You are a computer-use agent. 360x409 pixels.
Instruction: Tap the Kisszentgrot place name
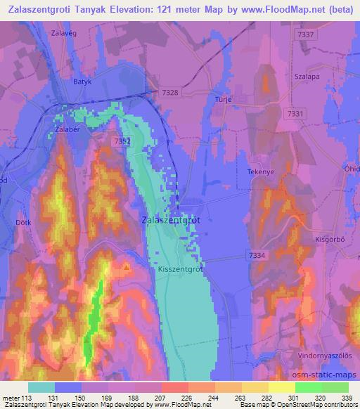point(181,268)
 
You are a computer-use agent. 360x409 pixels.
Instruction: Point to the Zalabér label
point(69,129)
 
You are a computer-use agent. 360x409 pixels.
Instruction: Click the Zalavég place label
point(63,32)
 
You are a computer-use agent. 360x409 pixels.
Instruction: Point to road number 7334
point(257,255)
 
